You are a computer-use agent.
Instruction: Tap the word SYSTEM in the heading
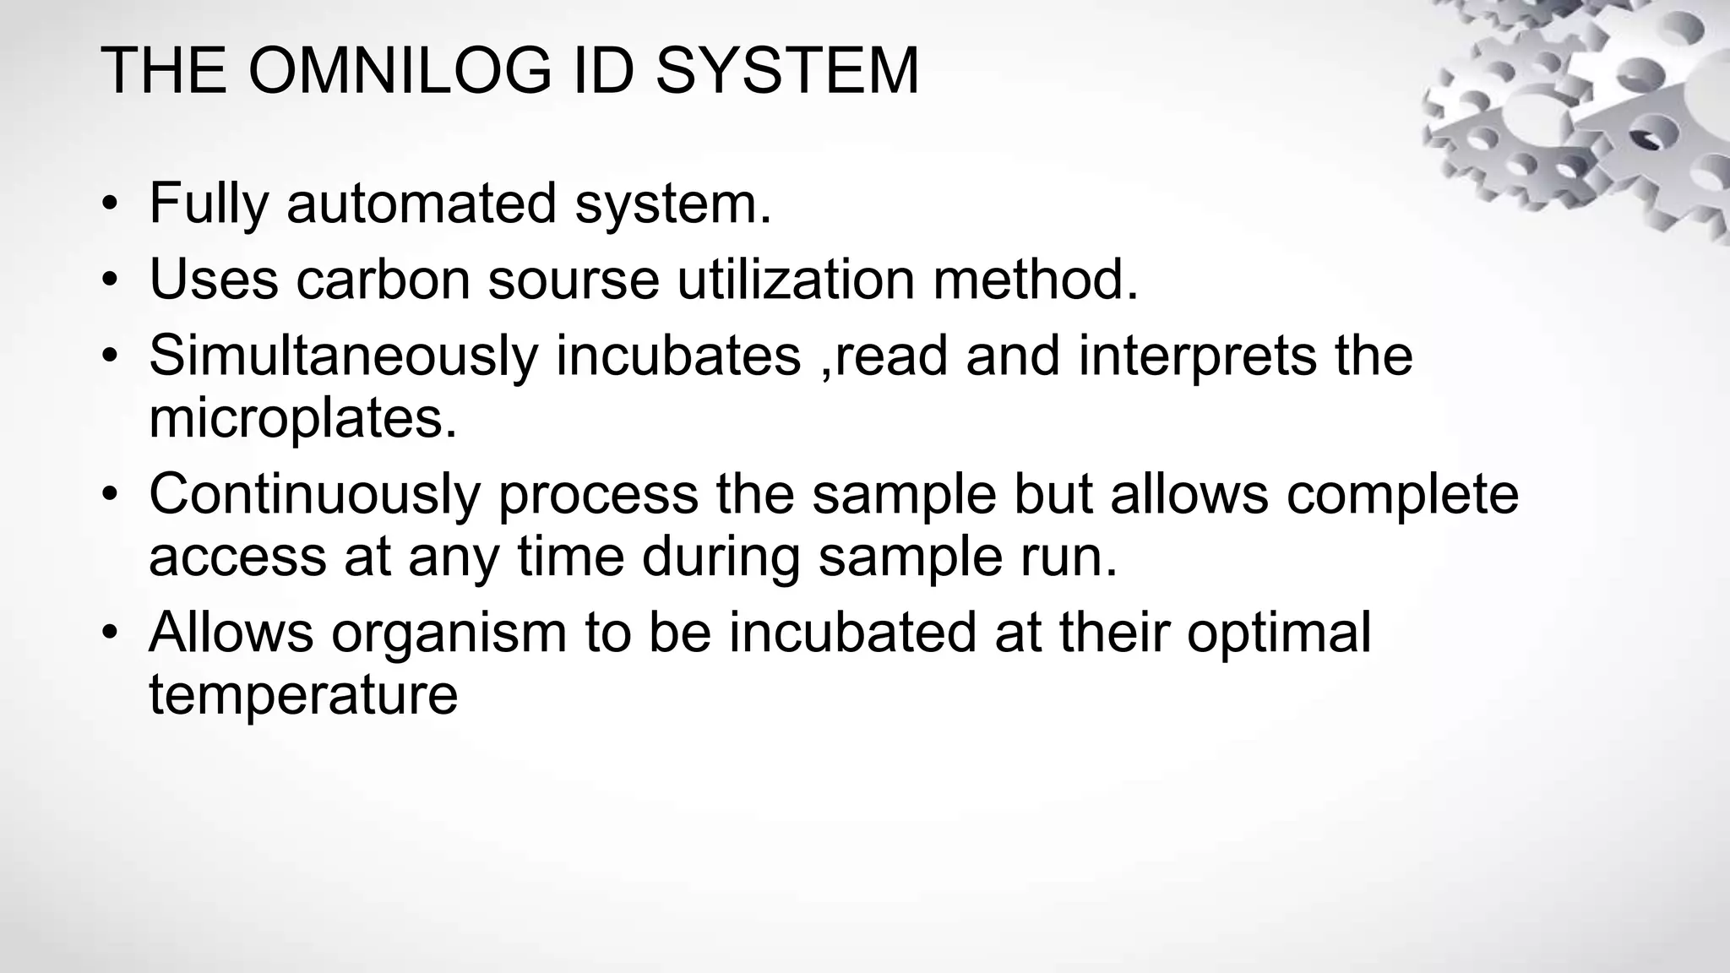786,71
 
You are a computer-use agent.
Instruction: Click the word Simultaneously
343,356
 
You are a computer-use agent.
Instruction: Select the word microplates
302,418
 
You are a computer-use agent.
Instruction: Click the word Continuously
314,494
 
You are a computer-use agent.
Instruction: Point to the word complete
1402,494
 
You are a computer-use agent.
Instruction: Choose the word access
237,557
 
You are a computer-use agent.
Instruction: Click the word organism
449,633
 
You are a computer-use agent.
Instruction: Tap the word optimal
1278,633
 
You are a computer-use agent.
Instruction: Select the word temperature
303,695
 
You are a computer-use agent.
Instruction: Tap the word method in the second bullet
1035,280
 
